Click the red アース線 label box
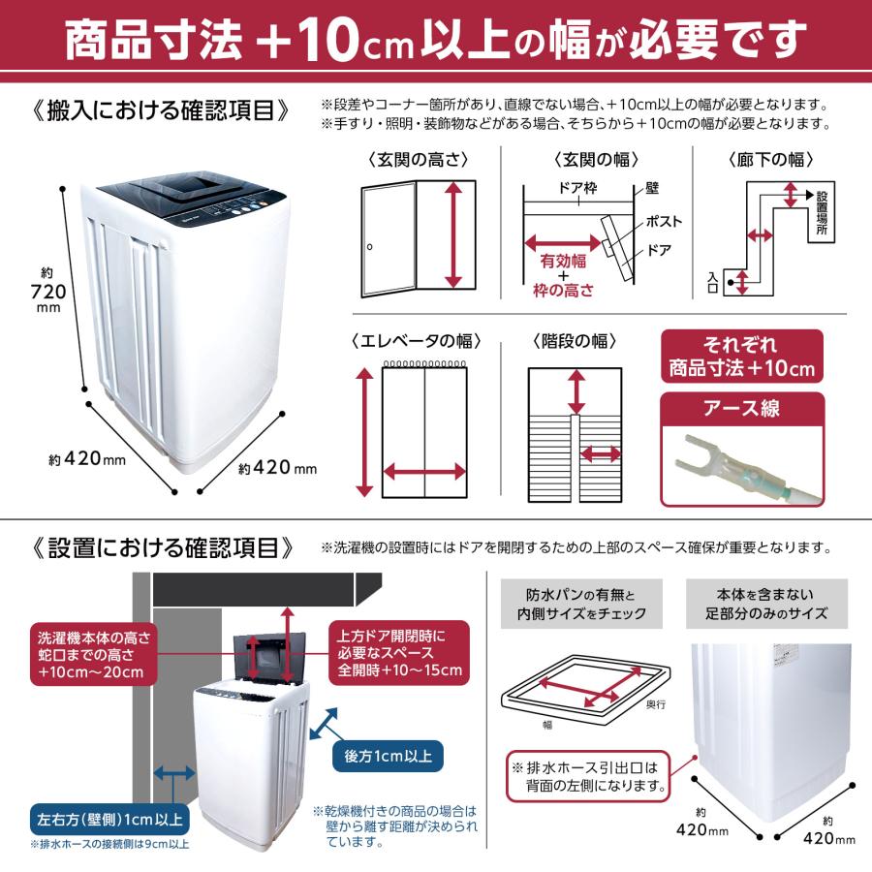point(742,409)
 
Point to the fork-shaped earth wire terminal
point(702,456)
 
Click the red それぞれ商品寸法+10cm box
point(742,358)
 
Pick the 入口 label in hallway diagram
point(712,282)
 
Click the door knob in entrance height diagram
point(369,249)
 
